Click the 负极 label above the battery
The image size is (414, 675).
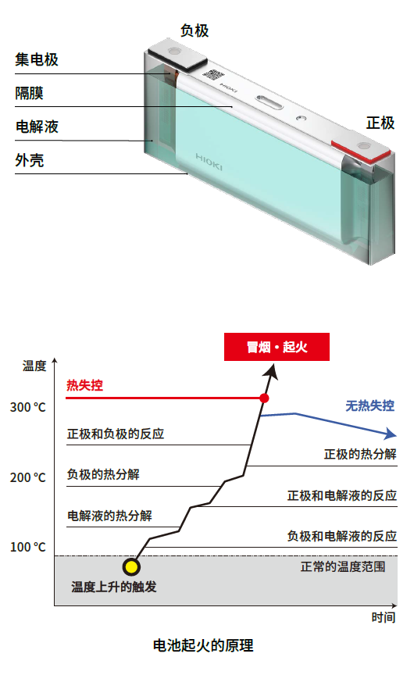(x=195, y=31)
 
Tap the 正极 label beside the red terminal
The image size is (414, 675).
(x=380, y=123)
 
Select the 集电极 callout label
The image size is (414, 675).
(x=37, y=59)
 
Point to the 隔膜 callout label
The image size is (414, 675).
(x=29, y=93)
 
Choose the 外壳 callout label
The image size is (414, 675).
(x=29, y=160)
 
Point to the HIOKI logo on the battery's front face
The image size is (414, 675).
(x=209, y=162)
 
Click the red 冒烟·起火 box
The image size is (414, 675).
(x=277, y=347)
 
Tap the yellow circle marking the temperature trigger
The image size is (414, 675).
(x=130, y=567)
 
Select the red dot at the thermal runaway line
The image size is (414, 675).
(x=264, y=398)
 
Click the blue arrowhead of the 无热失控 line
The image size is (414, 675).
(x=390, y=434)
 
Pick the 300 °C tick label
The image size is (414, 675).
(x=28, y=407)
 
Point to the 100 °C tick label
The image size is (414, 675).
(x=28, y=547)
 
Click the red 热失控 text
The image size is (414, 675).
(x=85, y=385)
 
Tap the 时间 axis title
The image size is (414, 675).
(x=384, y=618)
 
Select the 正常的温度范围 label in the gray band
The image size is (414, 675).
(x=343, y=566)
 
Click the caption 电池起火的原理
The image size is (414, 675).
(x=203, y=646)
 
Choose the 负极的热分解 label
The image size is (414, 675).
(x=103, y=474)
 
